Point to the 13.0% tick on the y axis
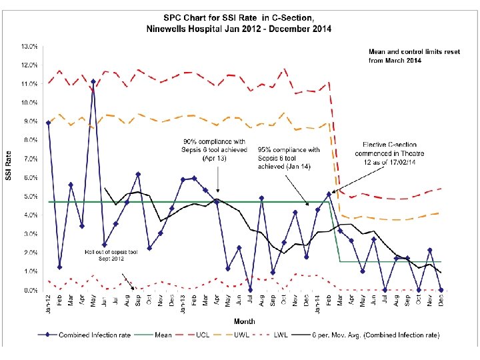click(29, 47)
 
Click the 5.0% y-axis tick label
click(30, 197)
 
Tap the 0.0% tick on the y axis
click(30, 291)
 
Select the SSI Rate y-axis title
click(9, 167)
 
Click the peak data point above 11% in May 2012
click(93, 82)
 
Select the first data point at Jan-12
click(49, 123)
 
